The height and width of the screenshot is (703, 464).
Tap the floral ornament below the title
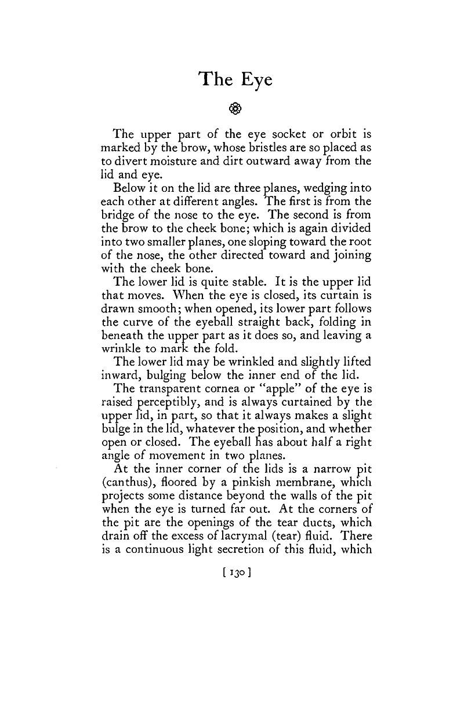[235, 108]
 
